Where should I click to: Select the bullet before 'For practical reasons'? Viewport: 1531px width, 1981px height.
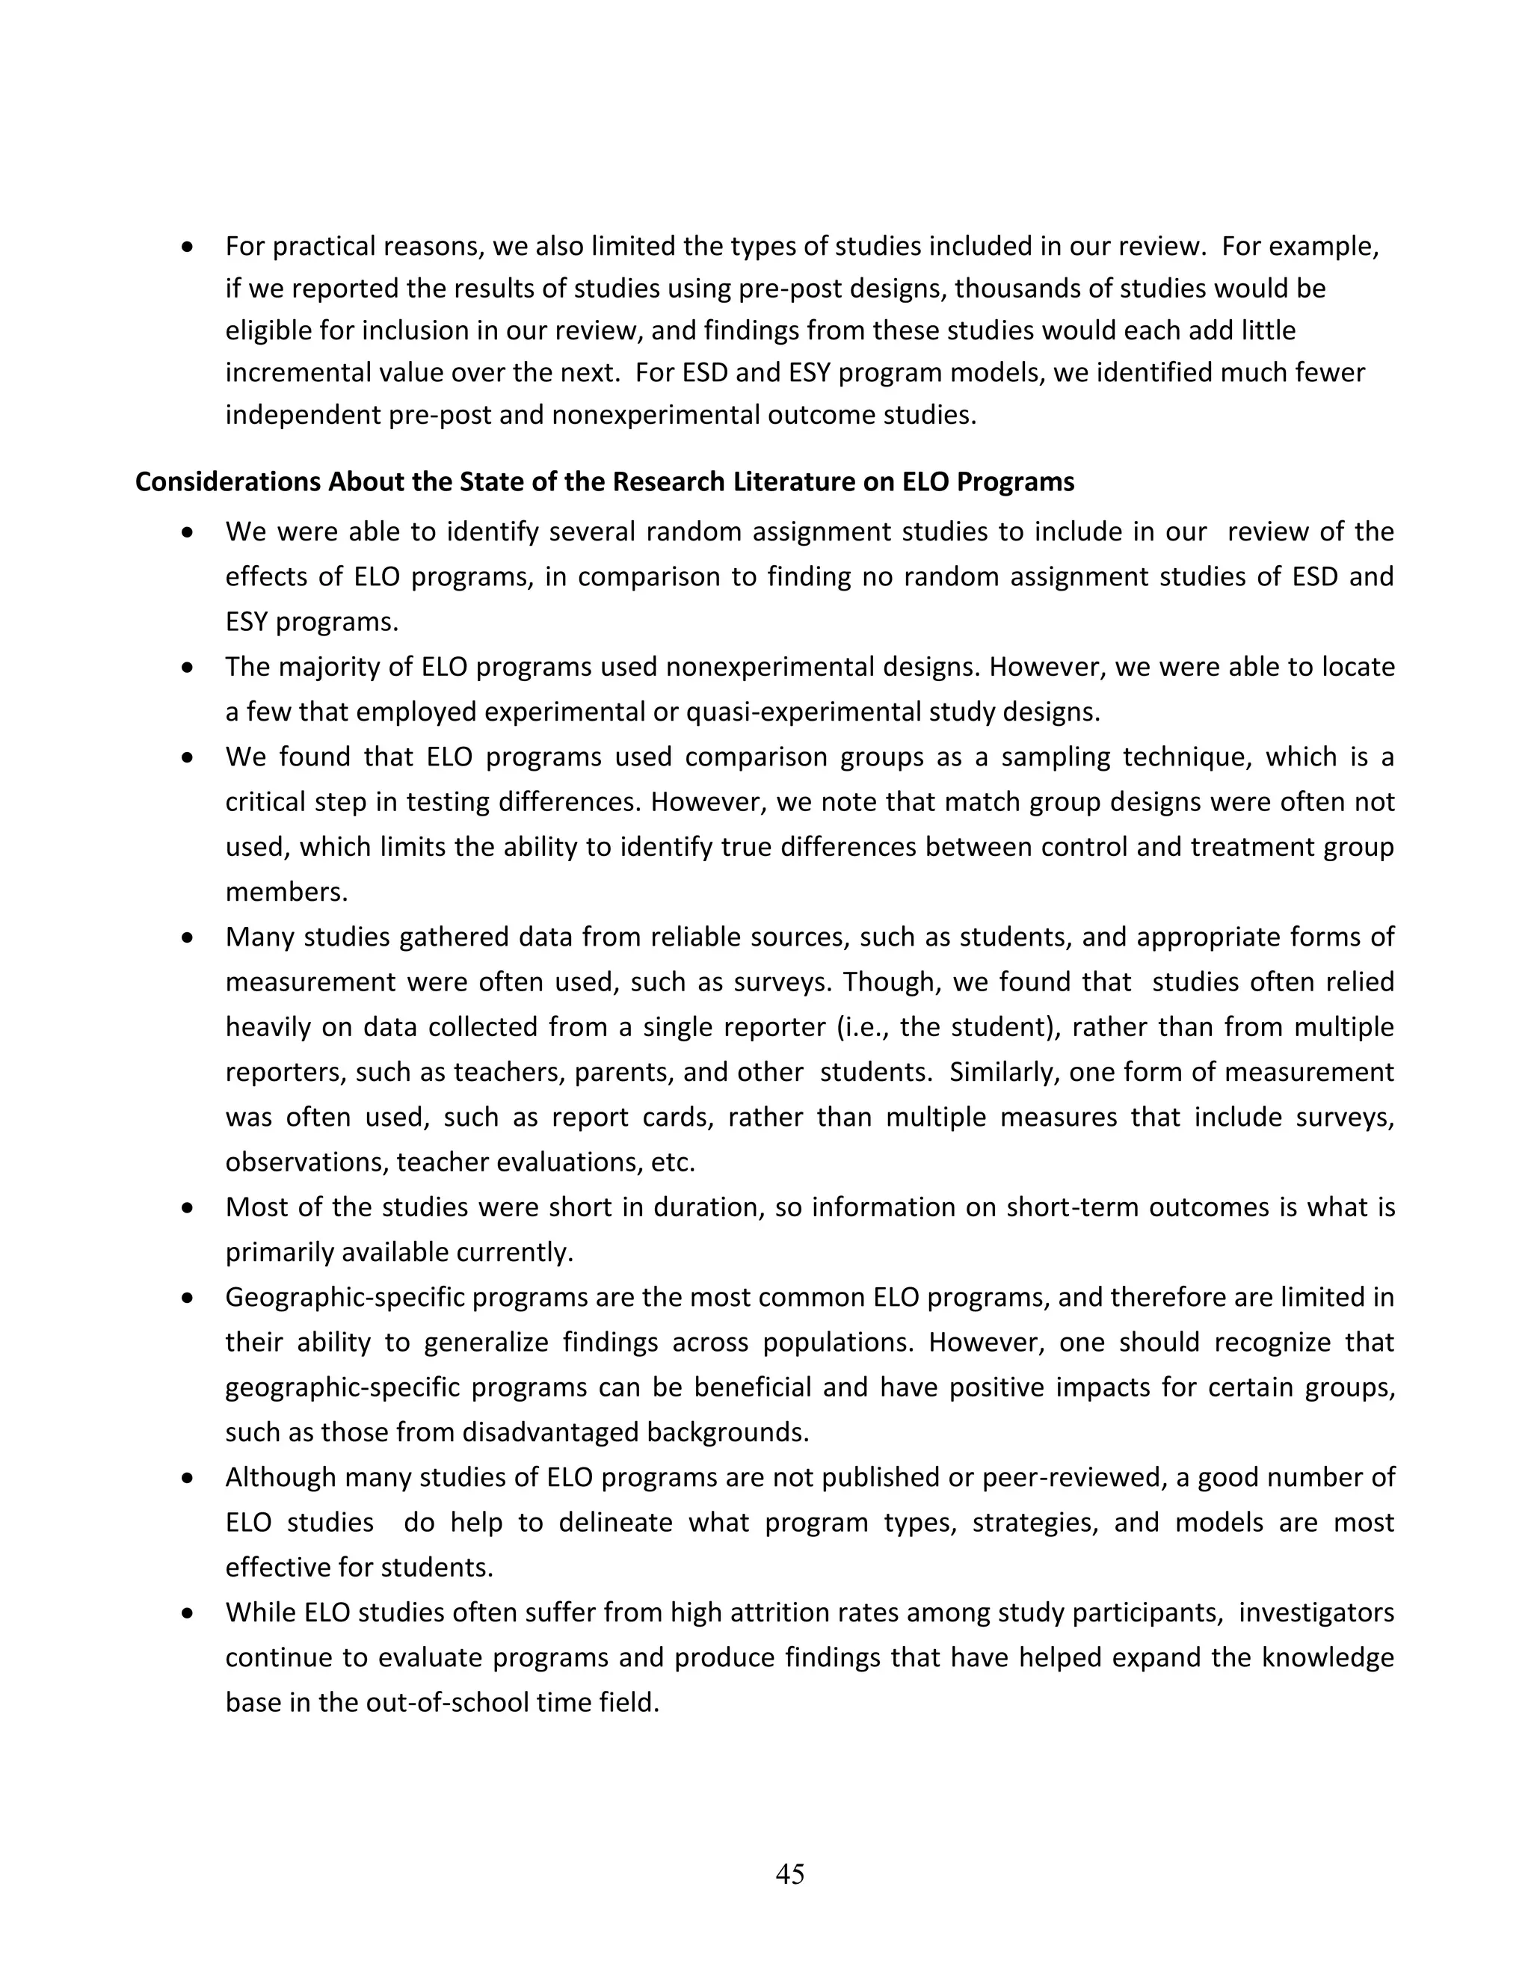tap(188, 247)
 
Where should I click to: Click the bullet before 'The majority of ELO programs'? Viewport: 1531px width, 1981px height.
tap(188, 668)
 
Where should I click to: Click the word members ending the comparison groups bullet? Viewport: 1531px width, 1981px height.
tap(286, 893)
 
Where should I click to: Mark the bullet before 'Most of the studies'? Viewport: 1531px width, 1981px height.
tap(188, 1208)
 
